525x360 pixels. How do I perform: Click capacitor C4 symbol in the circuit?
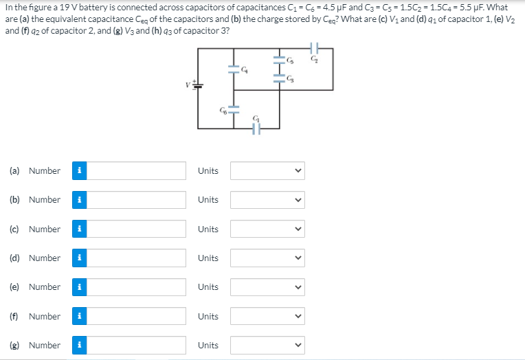click(x=234, y=68)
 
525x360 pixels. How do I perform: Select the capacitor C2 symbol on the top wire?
click(x=315, y=49)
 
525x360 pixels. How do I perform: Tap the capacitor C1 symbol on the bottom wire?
click(x=256, y=128)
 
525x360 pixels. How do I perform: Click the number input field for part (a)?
click(x=137, y=171)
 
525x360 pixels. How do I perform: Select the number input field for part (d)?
click(x=137, y=258)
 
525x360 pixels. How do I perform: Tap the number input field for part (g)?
click(x=137, y=346)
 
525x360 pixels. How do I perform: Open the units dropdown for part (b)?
click(x=267, y=200)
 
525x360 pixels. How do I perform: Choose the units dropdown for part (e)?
click(x=267, y=287)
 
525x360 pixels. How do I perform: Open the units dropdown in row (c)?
click(x=267, y=229)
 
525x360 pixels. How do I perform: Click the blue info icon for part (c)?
click(x=80, y=229)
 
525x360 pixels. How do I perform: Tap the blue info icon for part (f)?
click(x=80, y=317)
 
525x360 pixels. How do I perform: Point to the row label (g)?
click(x=14, y=346)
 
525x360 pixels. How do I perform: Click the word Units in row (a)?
click(x=208, y=171)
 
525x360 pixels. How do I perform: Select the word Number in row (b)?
click(x=45, y=200)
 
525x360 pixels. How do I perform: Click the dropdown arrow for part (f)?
click(x=297, y=317)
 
